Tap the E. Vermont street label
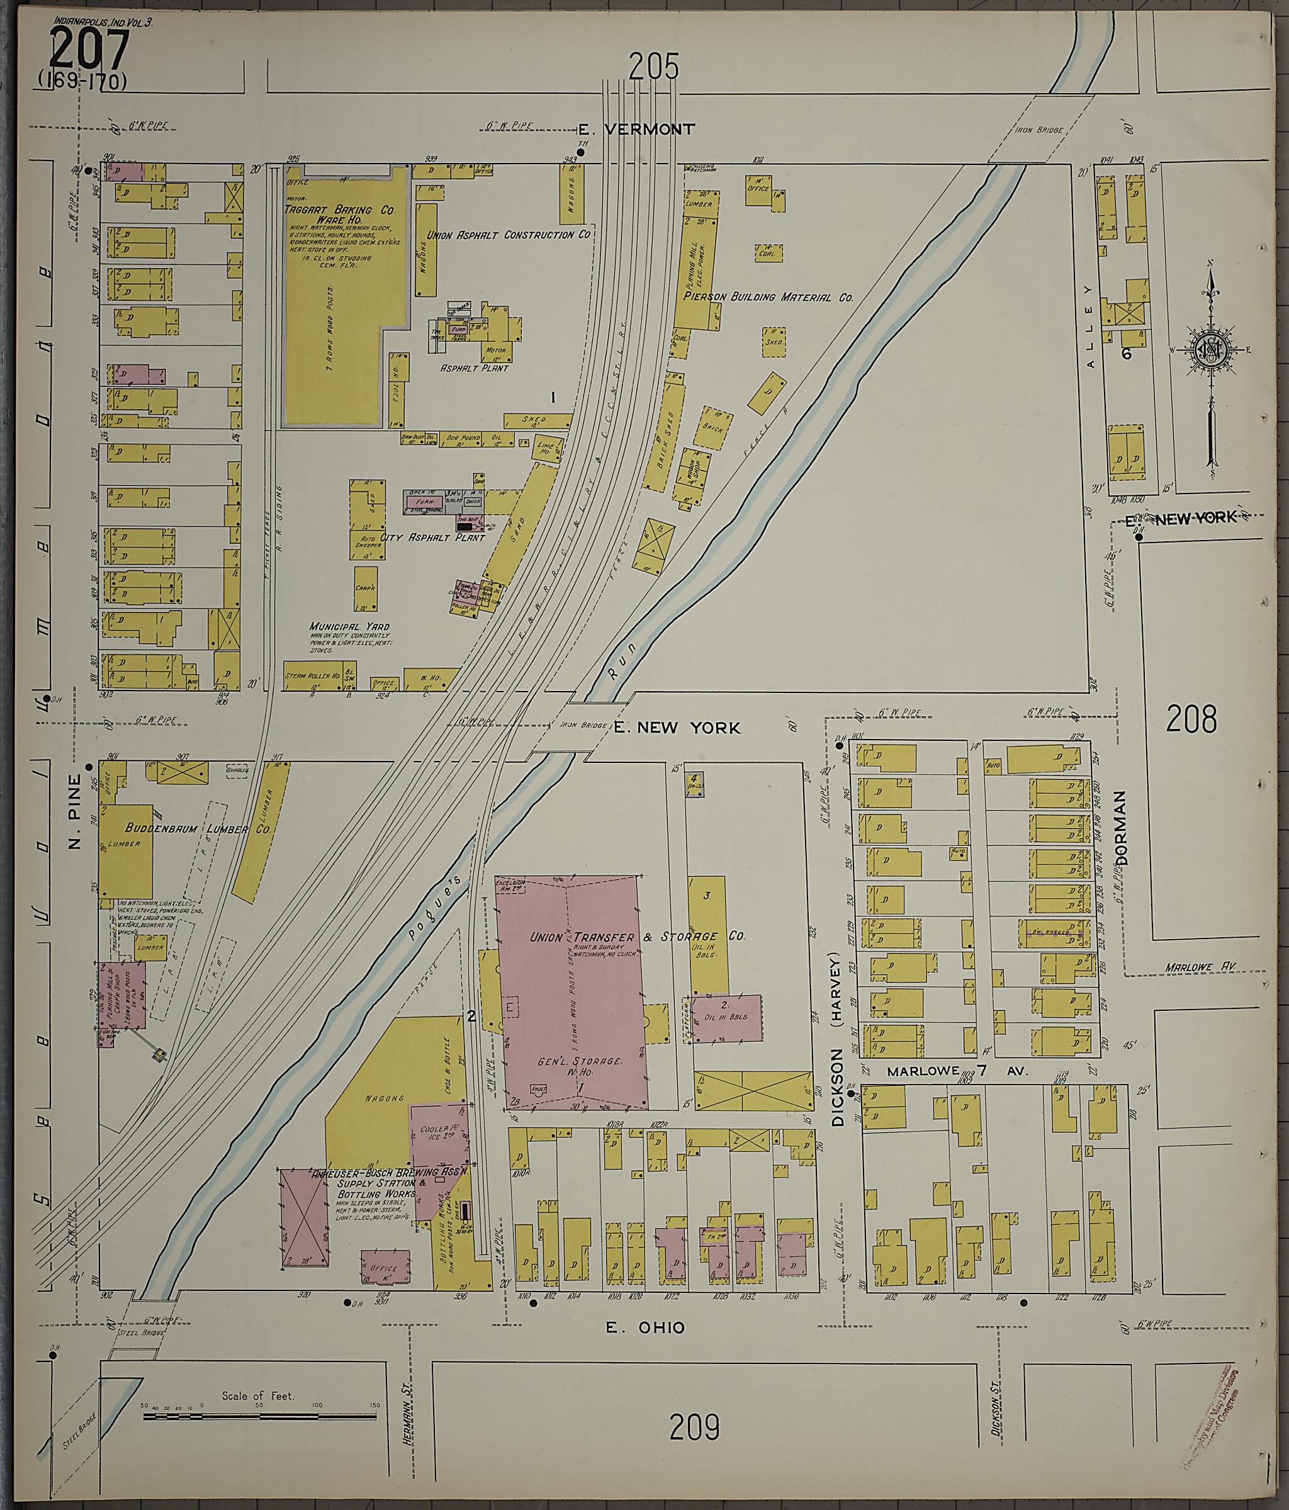tap(636, 130)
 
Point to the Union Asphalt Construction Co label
tap(508, 235)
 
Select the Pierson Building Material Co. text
tap(768, 297)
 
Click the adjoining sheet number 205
tap(653, 68)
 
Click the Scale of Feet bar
tap(260, 1417)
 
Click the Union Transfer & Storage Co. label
tap(637, 937)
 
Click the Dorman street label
tap(1120, 828)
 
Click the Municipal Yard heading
tap(349, 627)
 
